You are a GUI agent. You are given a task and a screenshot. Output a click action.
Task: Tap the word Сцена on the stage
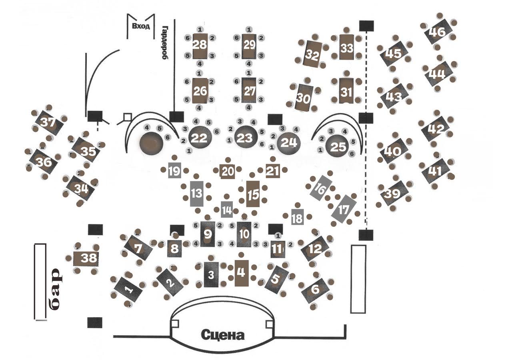click(222, 334)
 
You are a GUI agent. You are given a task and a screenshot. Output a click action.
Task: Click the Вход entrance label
click(140, 27)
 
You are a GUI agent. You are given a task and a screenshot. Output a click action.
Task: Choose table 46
click(438, 32)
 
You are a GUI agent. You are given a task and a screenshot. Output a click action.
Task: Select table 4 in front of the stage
click(241, 272)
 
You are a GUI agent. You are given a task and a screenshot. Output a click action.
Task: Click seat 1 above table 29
click(249, 30)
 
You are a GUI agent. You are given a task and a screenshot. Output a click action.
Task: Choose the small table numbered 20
click(227, 171)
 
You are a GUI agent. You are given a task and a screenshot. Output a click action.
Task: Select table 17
click(344, 208)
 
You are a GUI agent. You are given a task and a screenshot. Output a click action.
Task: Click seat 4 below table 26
click(199, 108)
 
